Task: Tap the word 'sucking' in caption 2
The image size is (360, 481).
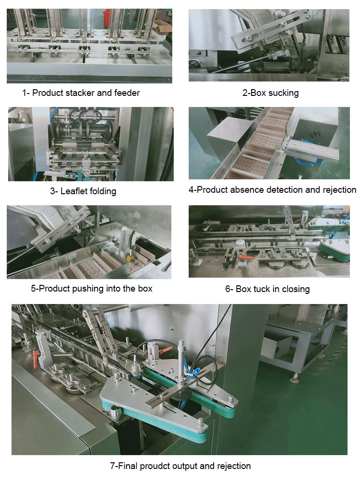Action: pos(283,93)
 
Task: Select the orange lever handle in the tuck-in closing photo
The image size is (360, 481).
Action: pos(244,259)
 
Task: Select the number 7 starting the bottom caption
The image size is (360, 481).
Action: pos(113,466)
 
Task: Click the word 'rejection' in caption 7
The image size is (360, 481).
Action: pos(233,466)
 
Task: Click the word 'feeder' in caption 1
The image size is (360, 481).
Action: pos(127,93)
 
